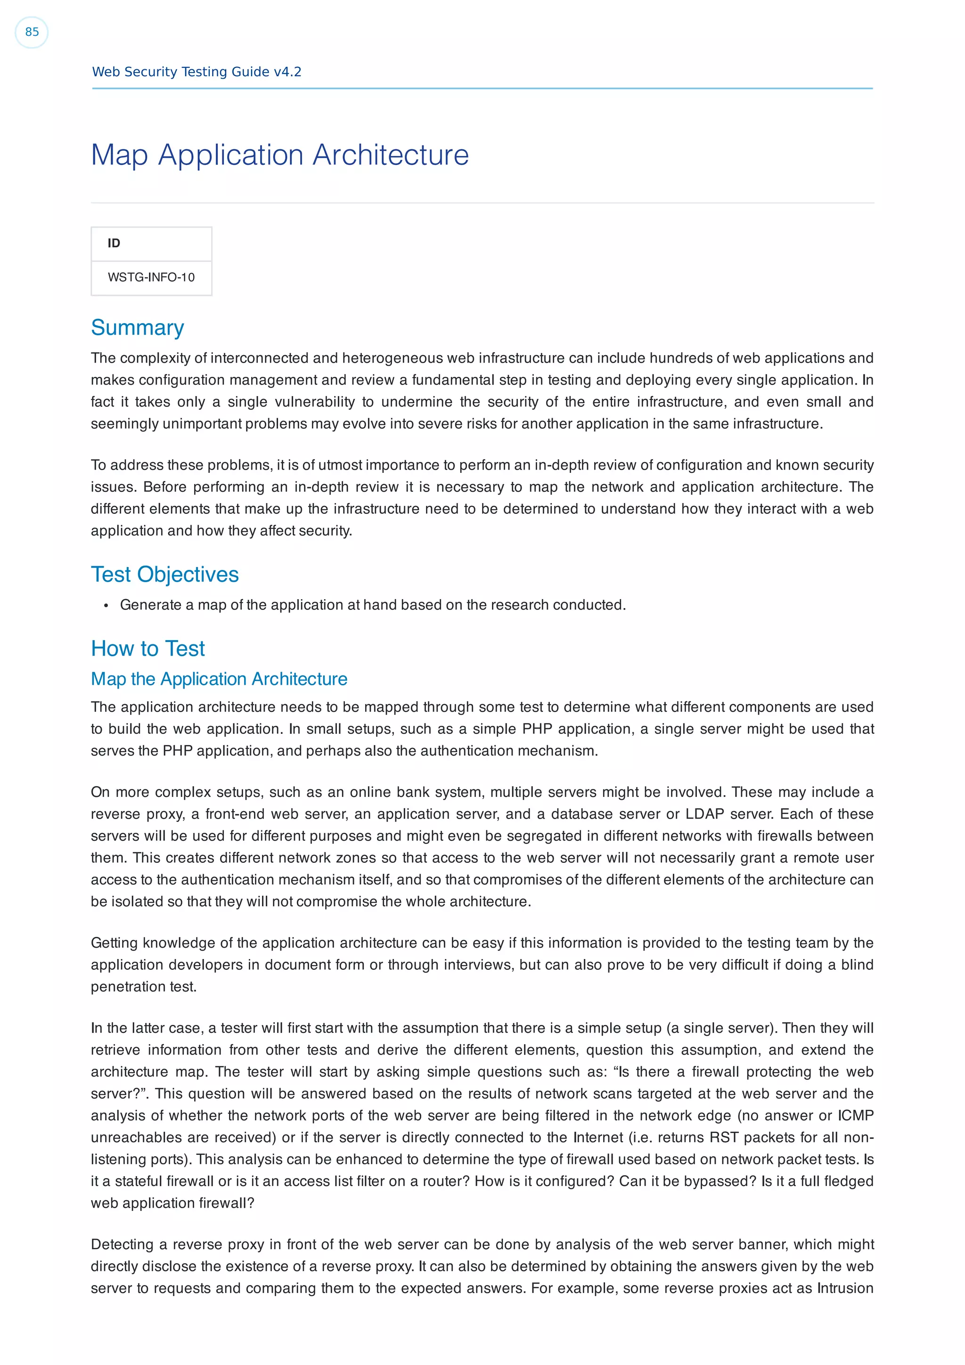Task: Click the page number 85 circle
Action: (32, 32)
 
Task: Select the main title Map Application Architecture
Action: (279, 155)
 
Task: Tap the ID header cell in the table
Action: (114, 243)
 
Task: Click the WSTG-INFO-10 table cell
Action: (151, 277)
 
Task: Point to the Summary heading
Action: (137, 327)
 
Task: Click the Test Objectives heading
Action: (165, 574)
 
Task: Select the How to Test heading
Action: (147, 649)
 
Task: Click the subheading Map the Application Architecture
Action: (219, 679)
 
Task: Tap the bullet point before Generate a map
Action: (106, 606)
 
